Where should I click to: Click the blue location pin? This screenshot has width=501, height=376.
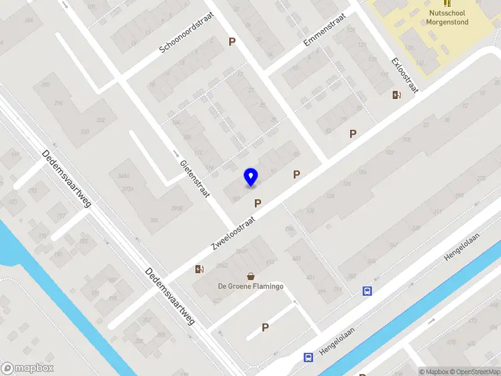point(250,177)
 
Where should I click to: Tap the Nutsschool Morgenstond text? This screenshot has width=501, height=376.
point(448,18)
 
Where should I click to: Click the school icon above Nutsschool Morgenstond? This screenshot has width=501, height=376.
point(447,3)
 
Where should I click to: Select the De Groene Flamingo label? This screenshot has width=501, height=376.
point(250,286)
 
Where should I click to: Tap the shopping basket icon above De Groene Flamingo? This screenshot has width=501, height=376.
point(250,276)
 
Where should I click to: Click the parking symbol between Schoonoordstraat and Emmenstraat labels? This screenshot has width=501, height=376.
point(232,42)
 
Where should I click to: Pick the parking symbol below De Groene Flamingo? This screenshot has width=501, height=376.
point(266,327)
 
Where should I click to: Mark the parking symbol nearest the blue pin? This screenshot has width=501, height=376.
point(257,203)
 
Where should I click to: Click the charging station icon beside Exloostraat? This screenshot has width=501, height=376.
point(396,95)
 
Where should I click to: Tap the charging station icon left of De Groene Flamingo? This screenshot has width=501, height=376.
point(199,269)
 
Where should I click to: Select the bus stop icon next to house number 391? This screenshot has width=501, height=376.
point(367,291)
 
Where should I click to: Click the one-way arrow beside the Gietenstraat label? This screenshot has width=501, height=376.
point(176,154)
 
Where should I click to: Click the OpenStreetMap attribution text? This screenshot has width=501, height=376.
point(475,372)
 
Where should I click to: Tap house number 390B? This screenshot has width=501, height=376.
point(177,208)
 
